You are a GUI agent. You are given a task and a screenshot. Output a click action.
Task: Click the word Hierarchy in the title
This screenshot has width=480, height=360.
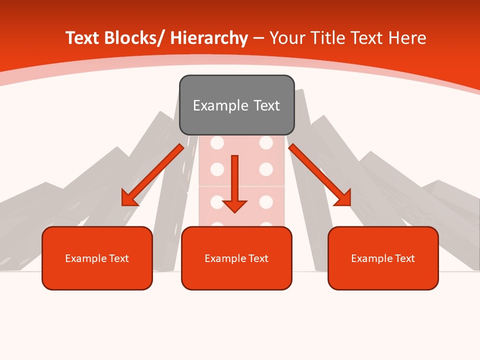click(209, 38)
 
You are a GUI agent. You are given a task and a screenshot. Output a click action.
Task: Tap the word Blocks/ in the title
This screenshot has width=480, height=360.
click(134, 38)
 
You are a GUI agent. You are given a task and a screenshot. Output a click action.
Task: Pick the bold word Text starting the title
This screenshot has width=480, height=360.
click(82, 38)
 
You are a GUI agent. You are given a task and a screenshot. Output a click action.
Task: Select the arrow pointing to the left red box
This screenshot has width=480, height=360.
click(152, 175)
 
